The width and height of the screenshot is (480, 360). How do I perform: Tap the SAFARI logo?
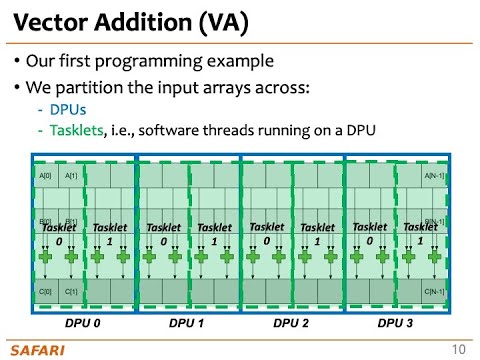(37, 349)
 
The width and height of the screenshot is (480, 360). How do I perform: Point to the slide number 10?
(459, 349)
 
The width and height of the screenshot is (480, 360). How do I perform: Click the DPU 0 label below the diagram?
(83, 325)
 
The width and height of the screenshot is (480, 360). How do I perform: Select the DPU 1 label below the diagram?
(187, 325)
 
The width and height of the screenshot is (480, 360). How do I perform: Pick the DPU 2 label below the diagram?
(292, 325)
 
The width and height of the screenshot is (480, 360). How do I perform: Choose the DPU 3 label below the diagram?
(396, 325)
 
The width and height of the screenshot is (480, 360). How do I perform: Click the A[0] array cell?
(46, 176)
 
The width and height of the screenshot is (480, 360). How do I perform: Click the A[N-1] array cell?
(435, 176)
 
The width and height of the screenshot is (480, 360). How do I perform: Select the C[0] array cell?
(46, 291)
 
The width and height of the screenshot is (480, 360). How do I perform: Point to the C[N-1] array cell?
(435, 291)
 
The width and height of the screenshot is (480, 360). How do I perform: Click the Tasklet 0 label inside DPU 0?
(59, 234)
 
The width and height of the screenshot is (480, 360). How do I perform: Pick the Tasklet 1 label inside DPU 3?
(421, 233)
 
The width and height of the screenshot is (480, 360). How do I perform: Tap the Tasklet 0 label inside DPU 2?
(267, 233)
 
